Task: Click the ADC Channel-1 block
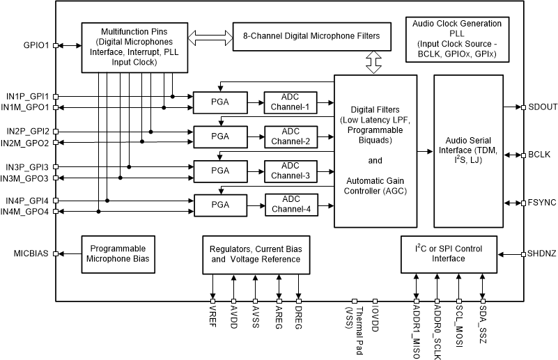290,102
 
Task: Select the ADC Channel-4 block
290,205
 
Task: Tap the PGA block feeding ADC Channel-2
219,136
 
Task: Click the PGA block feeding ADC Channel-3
219,171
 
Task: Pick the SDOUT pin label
542,107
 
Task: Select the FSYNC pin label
542,203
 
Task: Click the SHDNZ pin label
542,254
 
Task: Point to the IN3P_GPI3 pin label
26,167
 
